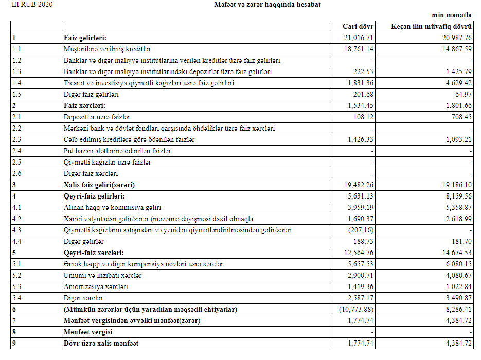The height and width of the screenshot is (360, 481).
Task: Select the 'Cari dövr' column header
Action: pyautogui.click(x=358, y=26)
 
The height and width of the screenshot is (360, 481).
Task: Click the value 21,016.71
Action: pyautogui.click(x=358, y=38)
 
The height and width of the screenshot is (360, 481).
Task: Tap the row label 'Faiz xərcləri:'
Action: pyautogui.click(x=84, y=105)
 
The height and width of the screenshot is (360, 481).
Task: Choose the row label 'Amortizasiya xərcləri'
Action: pyautogui.click(x=96, y=286)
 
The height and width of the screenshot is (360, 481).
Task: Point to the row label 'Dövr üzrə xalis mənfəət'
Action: pyautogui.click(x=101, y=343)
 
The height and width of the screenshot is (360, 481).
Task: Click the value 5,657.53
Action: pyautogui.click(x=360, y=264)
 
